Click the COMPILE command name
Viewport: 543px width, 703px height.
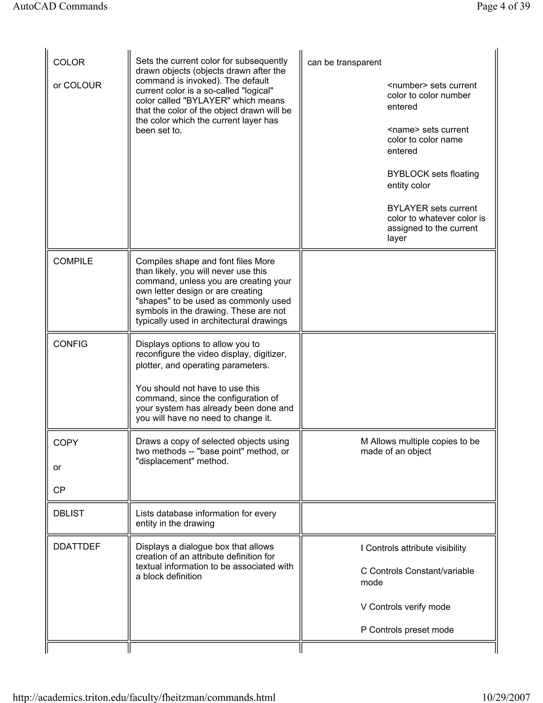(x=73, y=261)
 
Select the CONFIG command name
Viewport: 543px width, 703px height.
(x=71, y=344)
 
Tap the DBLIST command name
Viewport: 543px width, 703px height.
(x=68, y=513)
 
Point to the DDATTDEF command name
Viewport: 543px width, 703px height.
(x=77, y=546)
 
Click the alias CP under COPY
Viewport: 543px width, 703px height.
(x=59, y=490)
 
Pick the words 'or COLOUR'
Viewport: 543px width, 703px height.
(x=77, y=85)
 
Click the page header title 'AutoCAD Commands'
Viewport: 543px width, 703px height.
(x=60, y=6)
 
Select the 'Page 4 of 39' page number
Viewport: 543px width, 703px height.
(x=503, y=6)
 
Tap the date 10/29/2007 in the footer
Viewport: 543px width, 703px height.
(x=506, y=697)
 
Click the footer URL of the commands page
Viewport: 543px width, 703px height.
(x=144, y=697)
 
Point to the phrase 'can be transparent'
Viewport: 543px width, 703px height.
(x=344, y=62)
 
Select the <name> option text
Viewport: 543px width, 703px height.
(x=403, y=130)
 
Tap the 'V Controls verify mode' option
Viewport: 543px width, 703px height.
(x=405, y=607)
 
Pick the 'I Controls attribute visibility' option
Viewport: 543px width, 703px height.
(x=413, y=548)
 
